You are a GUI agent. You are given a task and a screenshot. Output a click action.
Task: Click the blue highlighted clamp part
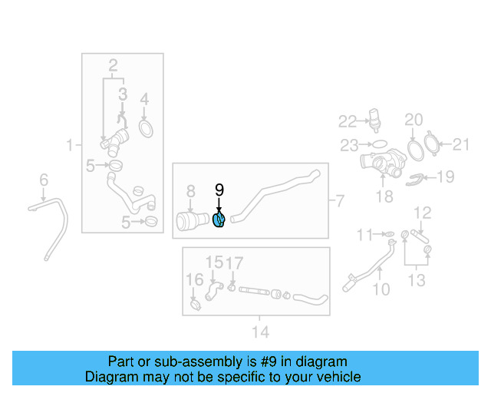tap(219, 220)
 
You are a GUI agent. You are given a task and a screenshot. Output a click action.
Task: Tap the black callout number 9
tap(219, 190)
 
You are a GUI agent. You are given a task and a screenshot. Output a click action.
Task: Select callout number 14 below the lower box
tap(261, 332)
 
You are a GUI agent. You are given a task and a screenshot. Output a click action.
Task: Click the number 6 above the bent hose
tap(44, 180)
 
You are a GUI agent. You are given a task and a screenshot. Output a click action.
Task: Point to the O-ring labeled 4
tap(146, 129)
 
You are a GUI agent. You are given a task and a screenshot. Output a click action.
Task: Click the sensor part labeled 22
tap(374, 120)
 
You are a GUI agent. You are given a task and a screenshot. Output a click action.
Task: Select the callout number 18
tap(384, 196)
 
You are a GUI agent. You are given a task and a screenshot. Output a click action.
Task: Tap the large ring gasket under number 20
tap(416, 150)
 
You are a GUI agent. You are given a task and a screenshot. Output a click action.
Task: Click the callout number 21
tap(461, 144)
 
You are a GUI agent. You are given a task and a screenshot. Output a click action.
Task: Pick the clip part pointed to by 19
tap(414, 180)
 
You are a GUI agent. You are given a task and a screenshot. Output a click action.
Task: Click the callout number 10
tap(381, 289)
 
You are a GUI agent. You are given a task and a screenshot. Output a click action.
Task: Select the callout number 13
tap(417, 280)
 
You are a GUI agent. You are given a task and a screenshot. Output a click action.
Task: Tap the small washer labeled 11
tap(390, 234)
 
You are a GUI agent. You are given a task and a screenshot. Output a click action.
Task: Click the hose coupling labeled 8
tap(193, 221)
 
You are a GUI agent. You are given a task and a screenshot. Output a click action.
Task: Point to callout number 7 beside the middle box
tap(340, 201)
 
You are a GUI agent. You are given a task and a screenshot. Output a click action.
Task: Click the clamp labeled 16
tap(196, 305)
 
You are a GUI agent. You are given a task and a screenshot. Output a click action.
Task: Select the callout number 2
tap(113, 66)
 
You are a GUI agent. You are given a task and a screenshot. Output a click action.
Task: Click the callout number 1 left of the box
tap(70, 145)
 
